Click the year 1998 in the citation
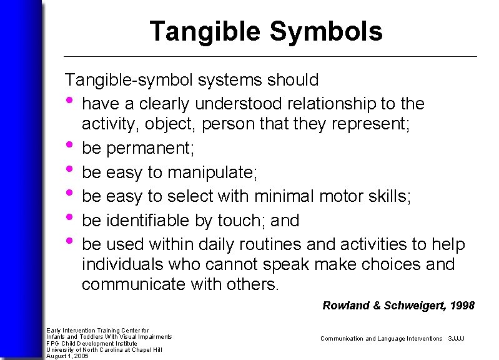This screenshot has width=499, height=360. pos(462,306)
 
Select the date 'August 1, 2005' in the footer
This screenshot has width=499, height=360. pos(67,356)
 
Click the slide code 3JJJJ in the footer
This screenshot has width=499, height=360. pos(457,338)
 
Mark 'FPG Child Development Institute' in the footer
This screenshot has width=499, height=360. pos(92,343)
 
